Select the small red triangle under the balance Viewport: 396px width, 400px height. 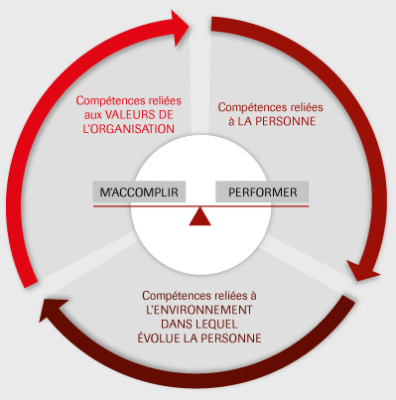click(x=200, y=216)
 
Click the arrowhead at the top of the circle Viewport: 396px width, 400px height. click(x=177, y=23)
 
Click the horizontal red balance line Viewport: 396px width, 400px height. click(x=200, y=205)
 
